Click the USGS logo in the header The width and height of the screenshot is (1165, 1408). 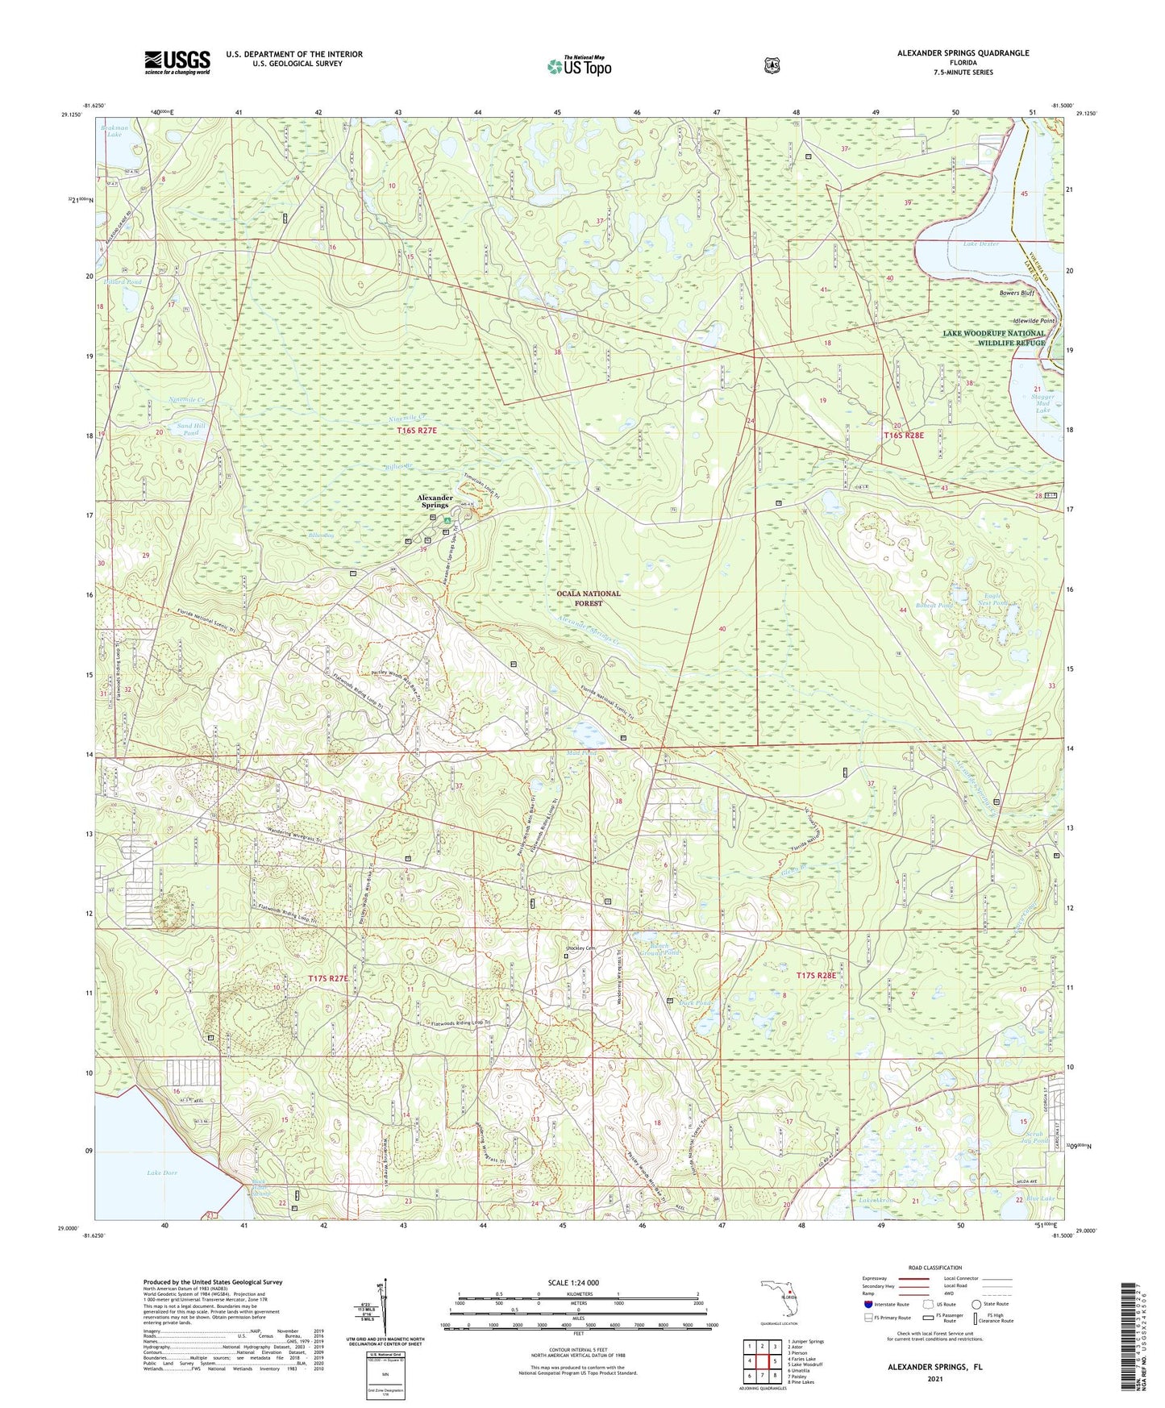point(177,62)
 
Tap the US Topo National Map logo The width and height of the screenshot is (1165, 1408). point(579,66)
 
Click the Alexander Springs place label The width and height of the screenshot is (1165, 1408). point(435,502)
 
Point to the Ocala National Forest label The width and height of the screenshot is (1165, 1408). point(589,598)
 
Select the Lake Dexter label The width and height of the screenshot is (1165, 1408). point(980,244)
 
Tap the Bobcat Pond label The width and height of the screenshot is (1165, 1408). point(934,605)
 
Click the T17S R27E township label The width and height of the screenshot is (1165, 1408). point(328,978)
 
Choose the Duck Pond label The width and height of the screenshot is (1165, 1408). point(698,1004)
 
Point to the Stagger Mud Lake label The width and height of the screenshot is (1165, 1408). point(1042,403)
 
